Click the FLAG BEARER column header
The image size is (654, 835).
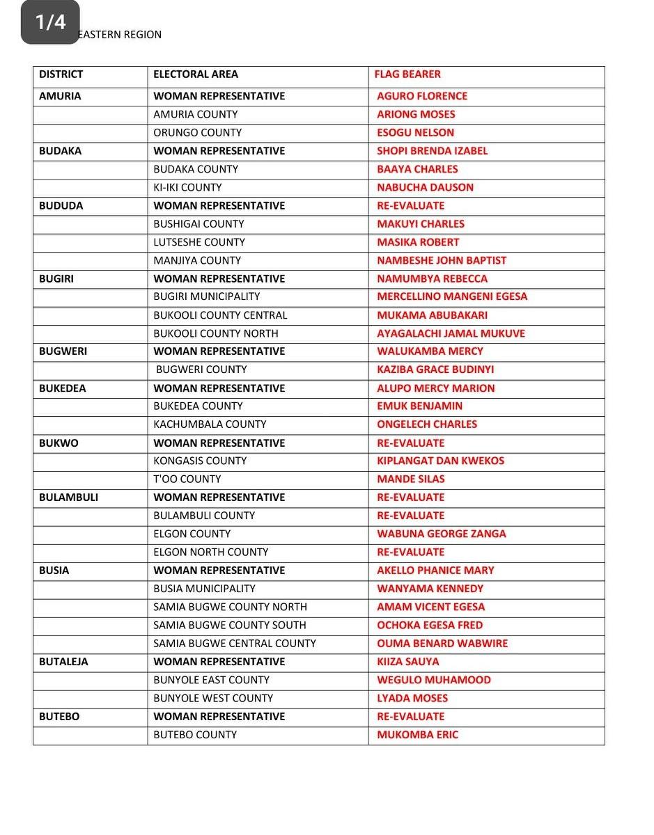[x=407, y=74]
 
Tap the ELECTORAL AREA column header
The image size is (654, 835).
[x=195, y=74]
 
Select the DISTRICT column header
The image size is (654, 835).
[x=61, y=74]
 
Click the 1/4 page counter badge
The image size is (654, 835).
[x=50, y=22]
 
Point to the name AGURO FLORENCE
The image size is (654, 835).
[x=422, y=96]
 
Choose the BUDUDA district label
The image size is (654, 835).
[x=61, y=206]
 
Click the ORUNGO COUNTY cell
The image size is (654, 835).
[x=197, y=133]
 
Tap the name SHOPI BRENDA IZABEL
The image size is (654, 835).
[x=432, y=151]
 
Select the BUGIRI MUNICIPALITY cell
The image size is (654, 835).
[x=206, y=296]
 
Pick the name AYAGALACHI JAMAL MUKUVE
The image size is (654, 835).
[x=451, y=333]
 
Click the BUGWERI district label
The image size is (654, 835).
[x=63, y=351]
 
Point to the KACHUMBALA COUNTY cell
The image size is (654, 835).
[x=210, y=424]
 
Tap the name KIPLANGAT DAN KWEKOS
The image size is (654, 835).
[x=440, y=461]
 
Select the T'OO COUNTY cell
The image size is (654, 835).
[x=187, y=479]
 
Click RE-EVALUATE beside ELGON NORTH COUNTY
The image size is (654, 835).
[x=410, y=552]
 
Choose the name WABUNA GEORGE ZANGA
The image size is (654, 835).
[x=441, y=534]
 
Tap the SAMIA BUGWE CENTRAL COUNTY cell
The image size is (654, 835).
[x=234, y=644]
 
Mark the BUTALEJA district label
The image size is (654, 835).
[x=63, y=662]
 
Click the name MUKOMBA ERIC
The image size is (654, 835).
[x=417, y=735]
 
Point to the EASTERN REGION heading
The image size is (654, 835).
[x=119, y=35]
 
